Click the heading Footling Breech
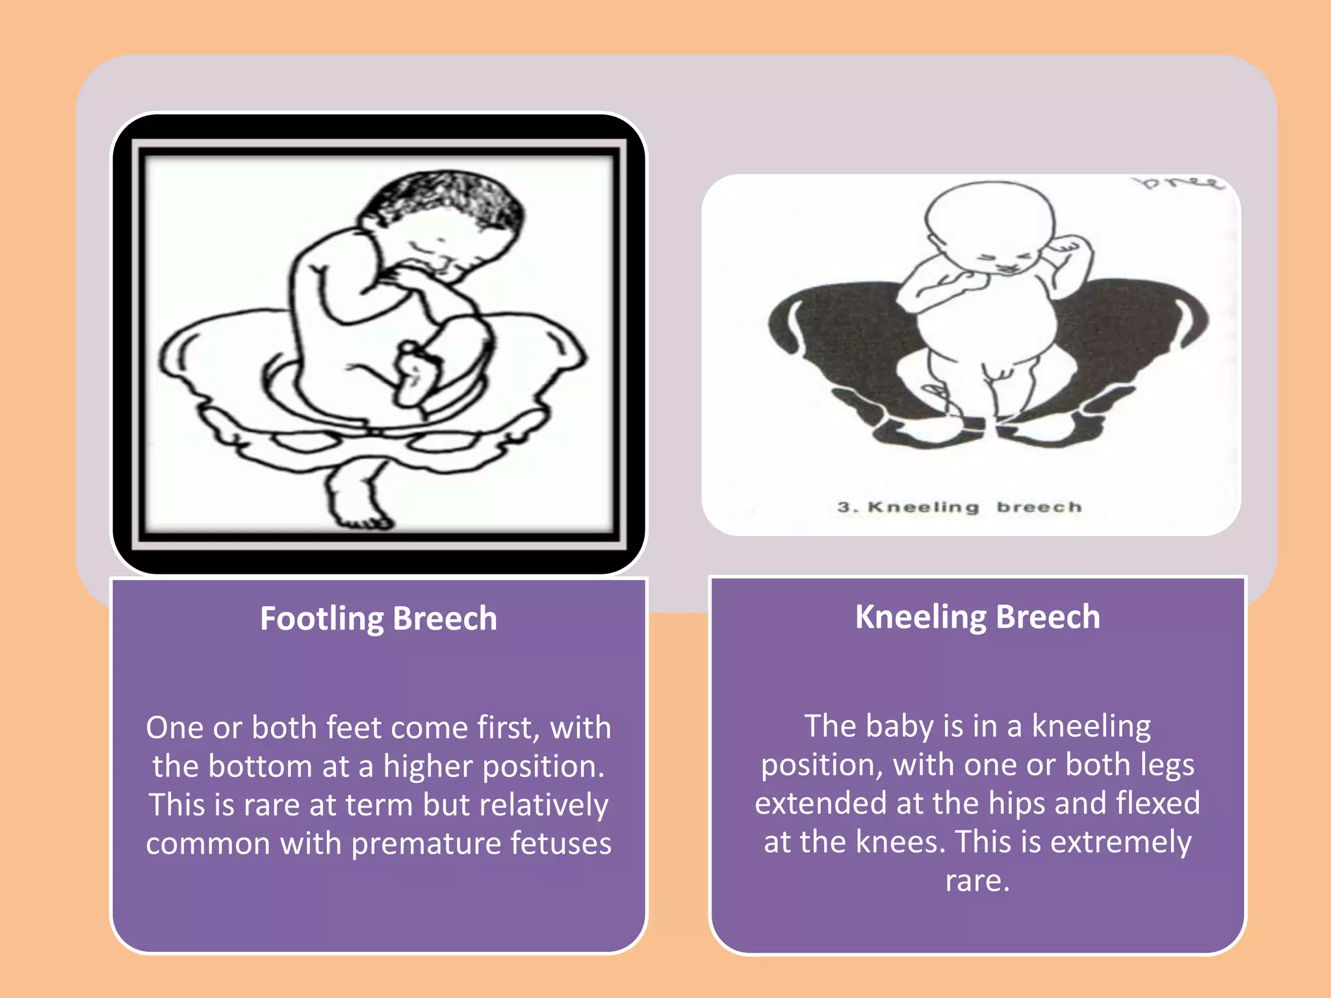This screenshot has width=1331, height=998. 378,619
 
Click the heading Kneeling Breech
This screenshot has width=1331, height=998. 977,617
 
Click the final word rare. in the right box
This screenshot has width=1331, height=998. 977,881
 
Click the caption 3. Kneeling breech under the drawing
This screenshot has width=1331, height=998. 959,507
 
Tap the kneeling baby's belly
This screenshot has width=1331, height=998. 985,325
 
